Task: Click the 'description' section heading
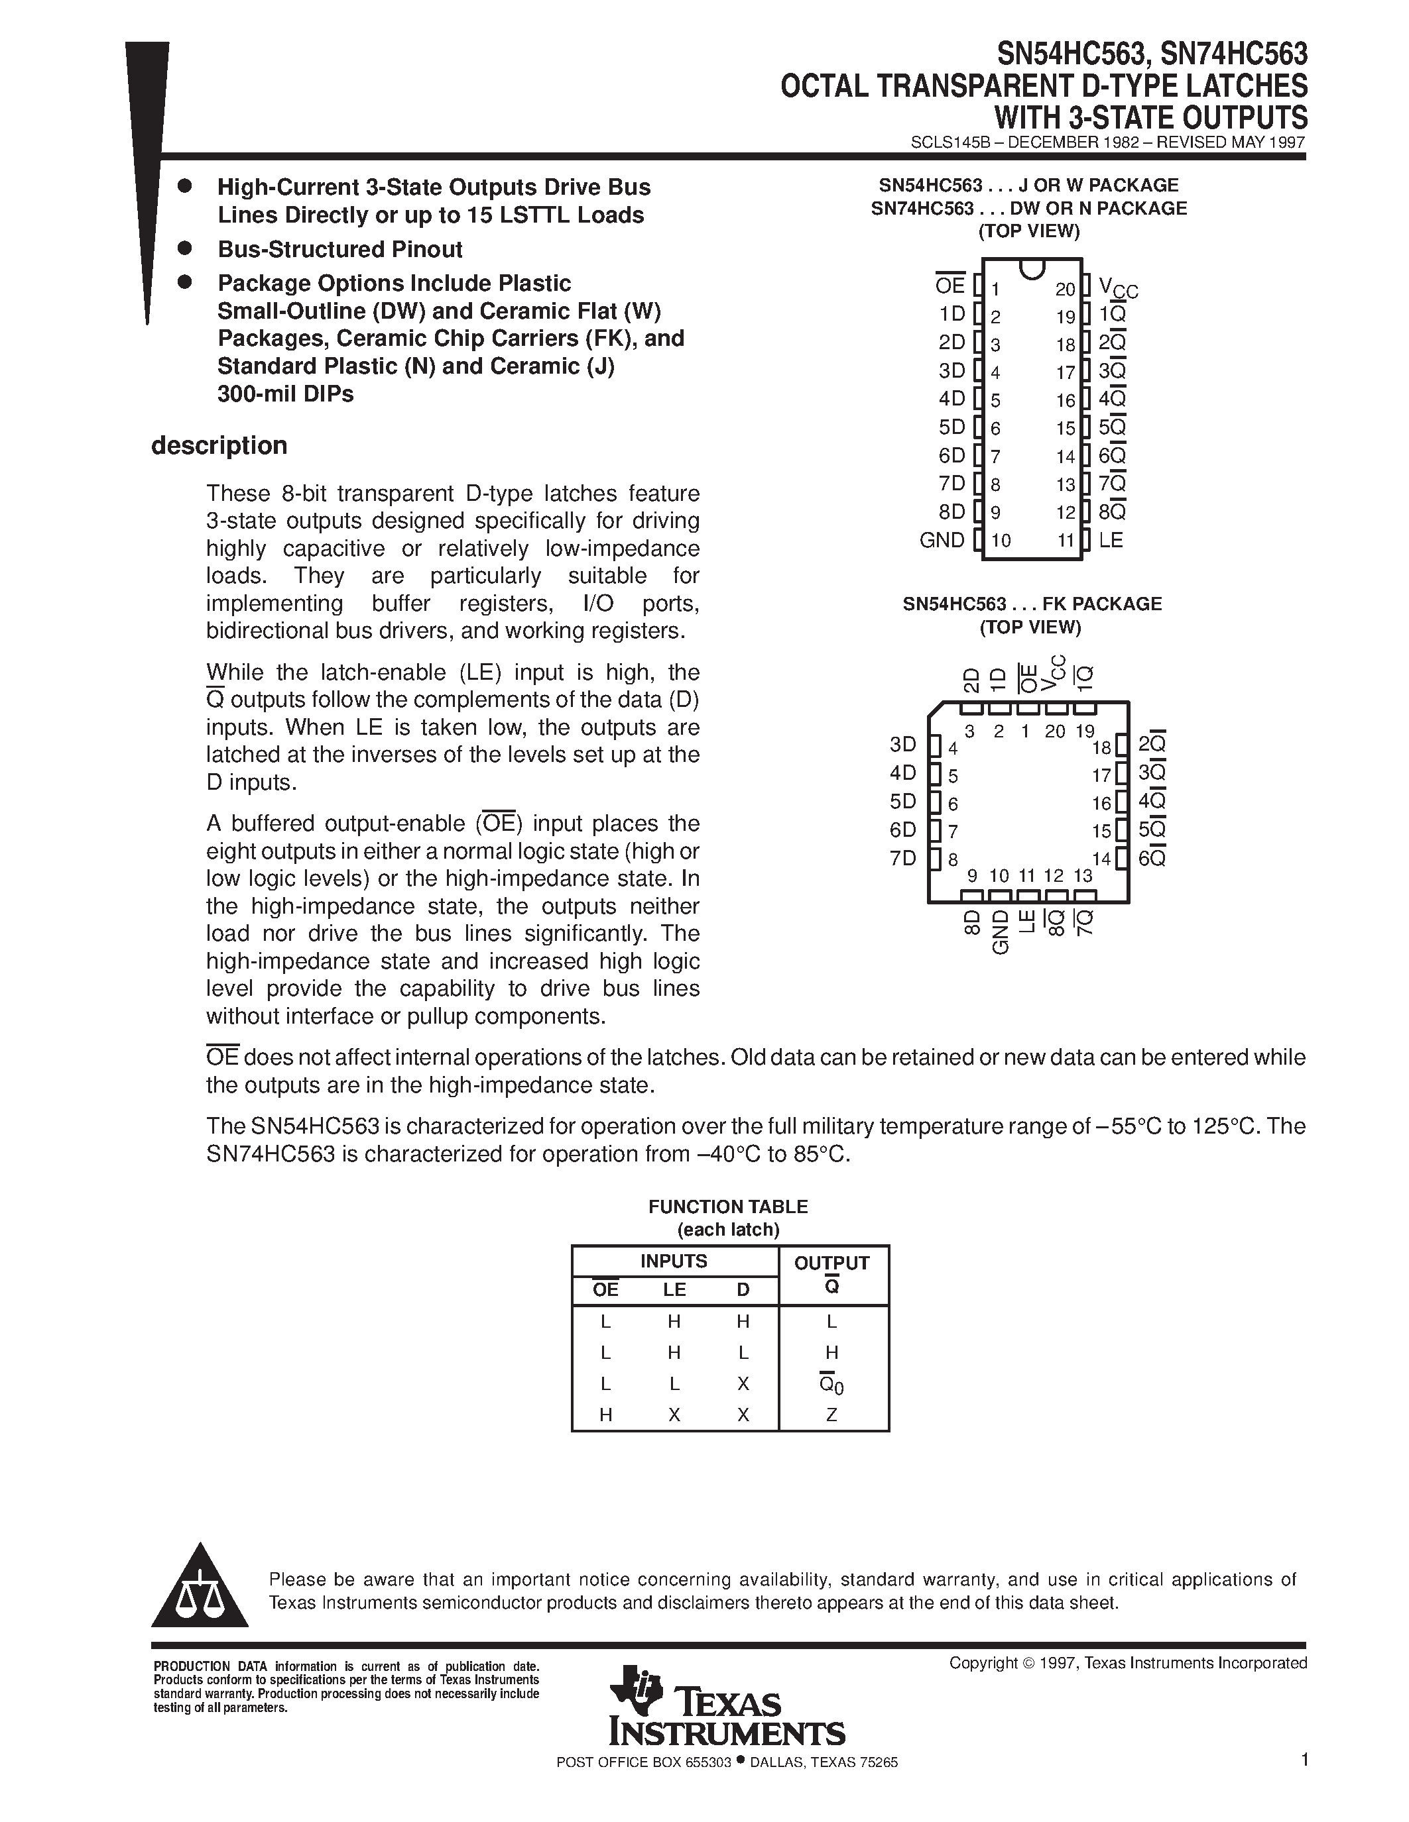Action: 219,445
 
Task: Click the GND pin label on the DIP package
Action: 942,540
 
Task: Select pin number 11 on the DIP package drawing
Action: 1065,541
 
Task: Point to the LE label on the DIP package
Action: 1111,540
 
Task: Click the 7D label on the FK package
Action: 902,859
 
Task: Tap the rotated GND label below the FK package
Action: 1000,932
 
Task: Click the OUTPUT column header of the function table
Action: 831,1263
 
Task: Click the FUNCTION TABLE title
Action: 728,1206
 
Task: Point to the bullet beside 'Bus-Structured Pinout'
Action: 185,248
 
